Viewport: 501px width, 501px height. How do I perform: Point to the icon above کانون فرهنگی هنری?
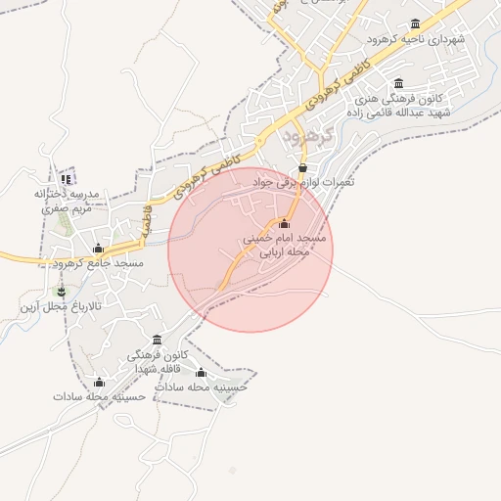[x=397, y=85]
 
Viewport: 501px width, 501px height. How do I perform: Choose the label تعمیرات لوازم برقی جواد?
[x=303, y=182]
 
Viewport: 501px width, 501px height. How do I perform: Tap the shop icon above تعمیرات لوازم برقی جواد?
[x=302, y=168]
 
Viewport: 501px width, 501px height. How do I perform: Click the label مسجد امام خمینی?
[x=286, y=238]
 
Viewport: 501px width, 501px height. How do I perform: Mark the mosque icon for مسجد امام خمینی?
[x=285, y=224]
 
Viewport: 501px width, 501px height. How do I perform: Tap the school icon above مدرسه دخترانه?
[x=67, y=179]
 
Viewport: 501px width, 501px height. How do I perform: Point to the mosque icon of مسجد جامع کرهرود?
[x=98, y=249]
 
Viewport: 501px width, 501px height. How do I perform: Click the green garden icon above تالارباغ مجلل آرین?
[x=63, y=292]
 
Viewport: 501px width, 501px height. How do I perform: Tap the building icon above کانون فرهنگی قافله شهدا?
[x=157, y=340]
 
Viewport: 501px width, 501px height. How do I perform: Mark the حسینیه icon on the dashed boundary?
[x=202, y=373]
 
